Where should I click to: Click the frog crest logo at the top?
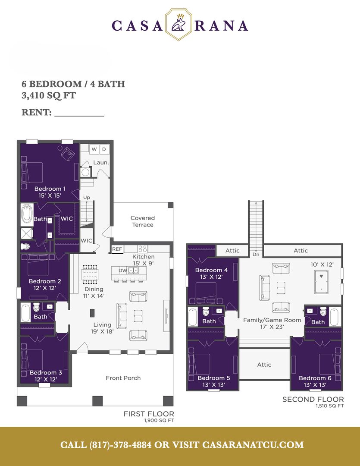[x=178, y=24]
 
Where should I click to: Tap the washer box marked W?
[x=94, y=149]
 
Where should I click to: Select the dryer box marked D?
[x=104, y=149]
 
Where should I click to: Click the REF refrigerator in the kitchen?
[x=117, y=249]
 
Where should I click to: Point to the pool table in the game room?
[x=321, y=281]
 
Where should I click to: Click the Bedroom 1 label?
[x=50, y=189]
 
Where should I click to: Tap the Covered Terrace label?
[x=143, y=221]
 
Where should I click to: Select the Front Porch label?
[x=123, y=378]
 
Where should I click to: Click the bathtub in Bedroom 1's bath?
[x=27, y=214]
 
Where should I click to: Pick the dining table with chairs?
[x=90, y=274]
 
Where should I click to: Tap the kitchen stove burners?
[x=142, y=249]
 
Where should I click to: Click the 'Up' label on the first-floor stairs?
[x=86, y=197]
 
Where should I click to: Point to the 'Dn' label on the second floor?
[x=256, y=255]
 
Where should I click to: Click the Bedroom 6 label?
[x=315, y=378]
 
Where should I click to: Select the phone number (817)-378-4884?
[x=120, y=445]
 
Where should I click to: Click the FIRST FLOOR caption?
[x=149, y=414]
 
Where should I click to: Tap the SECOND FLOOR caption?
[x=313, y=400]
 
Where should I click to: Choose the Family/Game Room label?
[x=272, y=320]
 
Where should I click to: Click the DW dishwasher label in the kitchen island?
[x=123, y=271]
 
